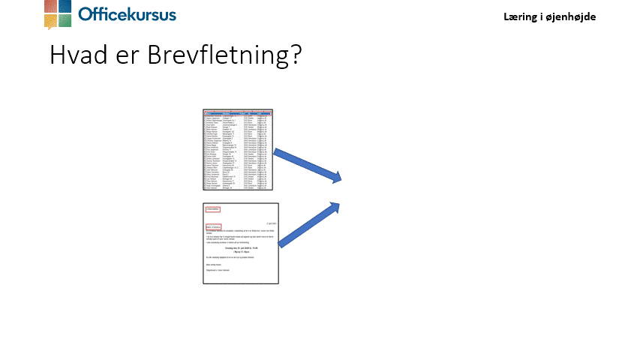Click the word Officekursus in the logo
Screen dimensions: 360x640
(x=127, y=14)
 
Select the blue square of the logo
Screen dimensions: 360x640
(x=65, y=7)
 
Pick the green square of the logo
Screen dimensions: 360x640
(x=65, y=20)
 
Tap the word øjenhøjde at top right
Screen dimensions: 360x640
(x=572, y=16)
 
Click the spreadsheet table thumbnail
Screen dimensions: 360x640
(x=240, y=150)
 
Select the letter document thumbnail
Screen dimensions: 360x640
(x=240, y=244)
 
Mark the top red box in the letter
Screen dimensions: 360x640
(x=213, y=209)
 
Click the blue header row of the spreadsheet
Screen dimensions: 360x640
(x=240, y=112)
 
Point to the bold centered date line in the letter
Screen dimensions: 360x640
(x=240, y=249)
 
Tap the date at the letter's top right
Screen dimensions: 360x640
(x=271, y=223)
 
